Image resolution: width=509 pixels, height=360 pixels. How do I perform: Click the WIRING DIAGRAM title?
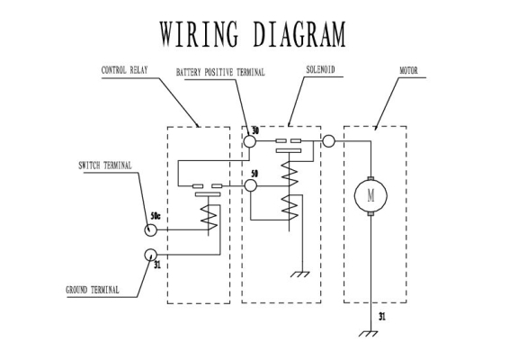[253, 34]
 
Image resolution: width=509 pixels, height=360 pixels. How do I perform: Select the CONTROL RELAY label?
[125, 70]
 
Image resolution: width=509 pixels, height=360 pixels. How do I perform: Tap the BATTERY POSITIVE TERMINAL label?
[220, 72]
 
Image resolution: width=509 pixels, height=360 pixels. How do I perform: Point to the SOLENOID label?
[320, 69]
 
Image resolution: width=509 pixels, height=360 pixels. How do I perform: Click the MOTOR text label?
[408, 70]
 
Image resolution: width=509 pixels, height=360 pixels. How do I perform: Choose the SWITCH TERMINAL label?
[105, 166]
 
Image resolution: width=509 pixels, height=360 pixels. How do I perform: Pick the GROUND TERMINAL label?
[93, 290]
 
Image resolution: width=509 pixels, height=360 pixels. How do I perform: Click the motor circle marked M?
[371, 196]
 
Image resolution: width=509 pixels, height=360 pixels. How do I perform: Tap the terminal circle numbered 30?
[250, 141]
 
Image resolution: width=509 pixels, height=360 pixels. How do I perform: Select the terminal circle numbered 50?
[250, 185]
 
